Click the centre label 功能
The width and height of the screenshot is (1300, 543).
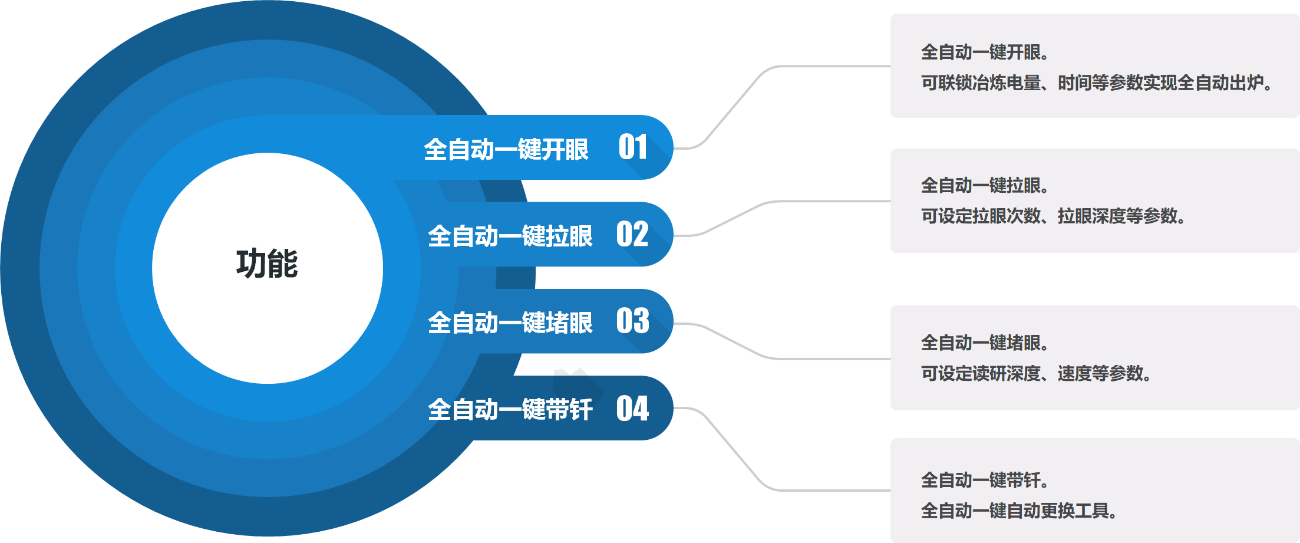tap(267, 264)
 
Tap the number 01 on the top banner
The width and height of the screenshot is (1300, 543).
tap(633, 147)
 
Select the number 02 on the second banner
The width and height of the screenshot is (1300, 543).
tap(632, 234)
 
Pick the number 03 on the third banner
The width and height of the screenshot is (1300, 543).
tap(632, 321)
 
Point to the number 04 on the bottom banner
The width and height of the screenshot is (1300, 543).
tap(632, 408)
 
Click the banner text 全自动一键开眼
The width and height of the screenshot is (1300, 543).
tap(506, 149)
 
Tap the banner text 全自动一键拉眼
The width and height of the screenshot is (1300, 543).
tap(510, 236)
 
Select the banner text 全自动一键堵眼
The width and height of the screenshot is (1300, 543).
tap(510, 322)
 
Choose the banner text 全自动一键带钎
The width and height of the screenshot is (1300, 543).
tap(510, 409)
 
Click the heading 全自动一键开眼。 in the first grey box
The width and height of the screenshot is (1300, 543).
tap(985, 52)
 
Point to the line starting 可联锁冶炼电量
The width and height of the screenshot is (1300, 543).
tap(1097, 83)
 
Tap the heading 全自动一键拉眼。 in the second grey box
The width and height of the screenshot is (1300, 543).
tap(985, 185)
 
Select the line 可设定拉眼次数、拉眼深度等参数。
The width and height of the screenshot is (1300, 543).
tap(1053, 216)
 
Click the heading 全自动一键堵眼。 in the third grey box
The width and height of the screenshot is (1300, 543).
tap(985, 343)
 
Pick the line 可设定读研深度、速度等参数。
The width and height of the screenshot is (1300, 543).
tap(1036, 373)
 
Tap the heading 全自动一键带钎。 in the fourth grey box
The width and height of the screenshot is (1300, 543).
tap(985, 480)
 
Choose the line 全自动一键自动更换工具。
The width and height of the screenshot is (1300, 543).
tap(1019, 511)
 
